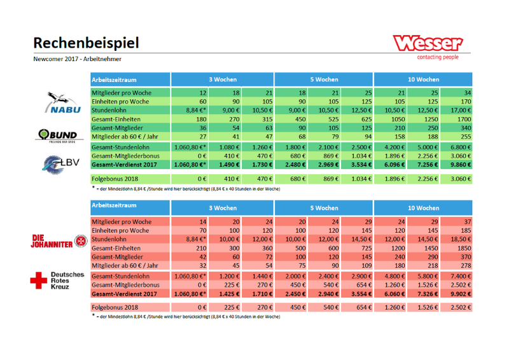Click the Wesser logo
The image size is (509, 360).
[428, 44]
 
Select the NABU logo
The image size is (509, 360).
[61, 104]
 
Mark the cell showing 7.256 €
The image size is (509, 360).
[423, 165]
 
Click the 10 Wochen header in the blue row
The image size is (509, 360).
[423, 80]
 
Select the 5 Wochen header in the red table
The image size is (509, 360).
[324, 208]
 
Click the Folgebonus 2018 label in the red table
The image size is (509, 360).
[115, 308]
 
